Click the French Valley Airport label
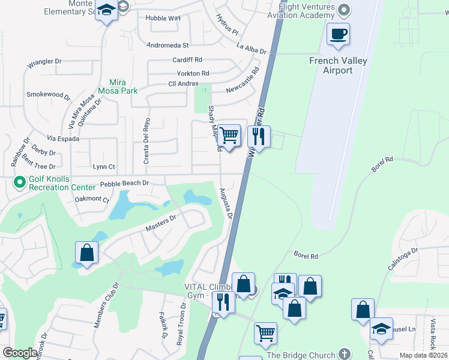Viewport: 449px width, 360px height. click(x=339, y=65)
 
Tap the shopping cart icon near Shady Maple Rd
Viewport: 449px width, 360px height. click(x=229, y=135)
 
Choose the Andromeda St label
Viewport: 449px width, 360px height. click(x=168, y=45)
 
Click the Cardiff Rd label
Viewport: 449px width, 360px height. click(x=187, y=60)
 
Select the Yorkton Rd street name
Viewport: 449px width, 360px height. click(x=189, y=73)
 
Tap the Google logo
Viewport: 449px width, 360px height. click(x=20, y=353)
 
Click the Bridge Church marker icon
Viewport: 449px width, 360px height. click(x=344, y=355)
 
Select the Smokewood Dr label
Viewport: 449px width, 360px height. click(x=49, y=95)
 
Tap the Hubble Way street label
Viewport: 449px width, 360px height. click(x=163, y=18)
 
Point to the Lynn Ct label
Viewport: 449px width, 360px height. click(x=104, y=166)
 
